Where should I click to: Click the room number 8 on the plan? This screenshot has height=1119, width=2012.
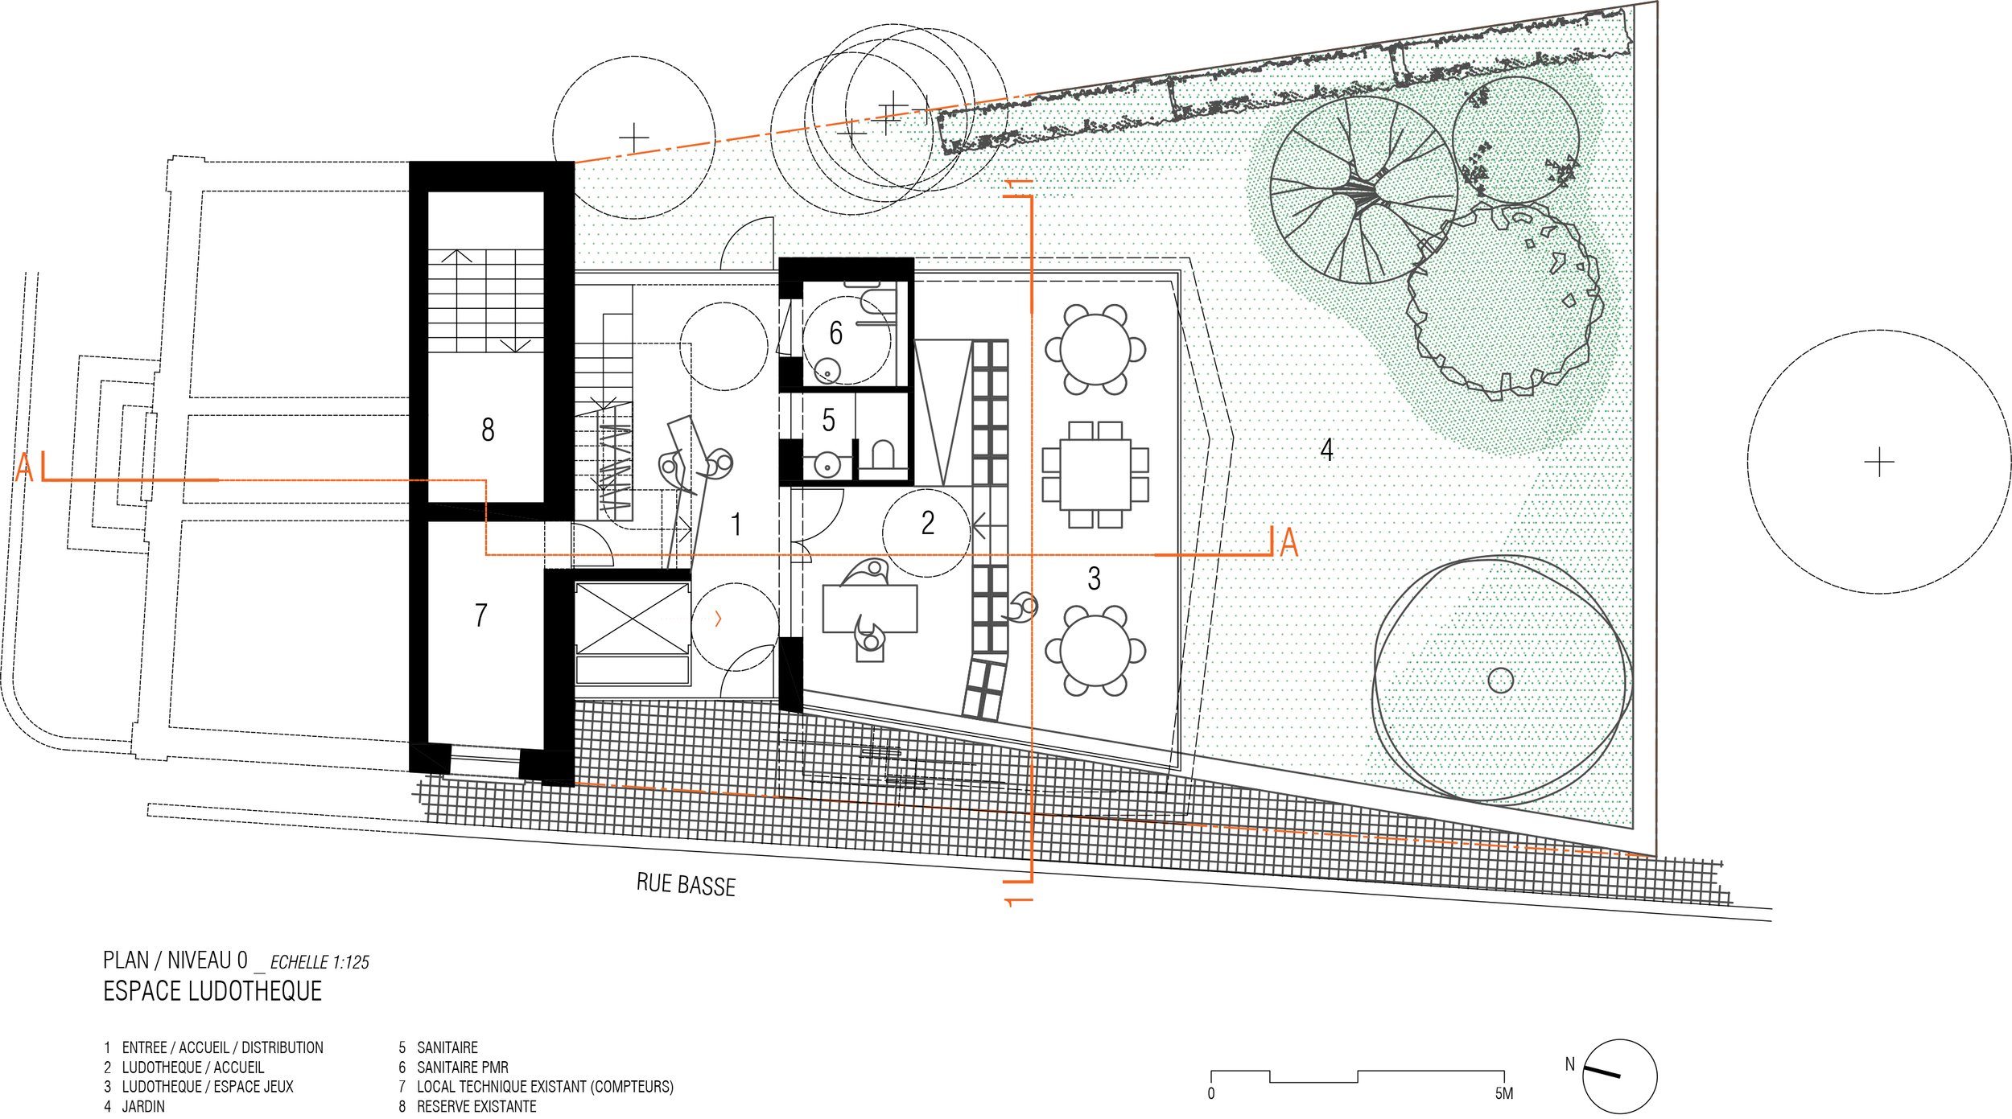[488, 430]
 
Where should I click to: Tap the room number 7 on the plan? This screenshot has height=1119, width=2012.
[481, 615]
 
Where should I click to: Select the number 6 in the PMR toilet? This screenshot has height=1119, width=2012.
[836, 333]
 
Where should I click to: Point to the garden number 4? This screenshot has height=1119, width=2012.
[1327, 450]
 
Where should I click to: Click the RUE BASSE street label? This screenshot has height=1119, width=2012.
[686, 885]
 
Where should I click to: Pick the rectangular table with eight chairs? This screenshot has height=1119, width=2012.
[1095, 475]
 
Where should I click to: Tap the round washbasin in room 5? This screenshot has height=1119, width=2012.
[827, 465]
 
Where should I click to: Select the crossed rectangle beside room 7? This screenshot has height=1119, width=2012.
[633, 619]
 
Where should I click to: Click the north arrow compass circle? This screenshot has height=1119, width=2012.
[1619, 1076]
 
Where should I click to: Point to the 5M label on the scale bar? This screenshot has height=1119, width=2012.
[1504, 1093]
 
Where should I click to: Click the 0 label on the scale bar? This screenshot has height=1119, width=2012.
[1211, 1093]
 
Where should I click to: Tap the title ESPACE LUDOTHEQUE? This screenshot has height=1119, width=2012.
[212, 991]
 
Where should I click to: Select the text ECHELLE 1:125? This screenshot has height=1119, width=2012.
[320, 962]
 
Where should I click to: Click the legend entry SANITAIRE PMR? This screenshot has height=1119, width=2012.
[463, 1068]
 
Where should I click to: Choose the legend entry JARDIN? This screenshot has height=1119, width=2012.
[143, 1106]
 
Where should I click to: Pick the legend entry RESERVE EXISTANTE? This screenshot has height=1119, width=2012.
[476, 1106]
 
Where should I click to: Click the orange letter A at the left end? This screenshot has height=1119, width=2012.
[25, 467]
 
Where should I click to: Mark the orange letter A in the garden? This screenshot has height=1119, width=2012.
[1289, 542]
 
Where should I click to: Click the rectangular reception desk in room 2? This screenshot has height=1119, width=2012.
[870, 608]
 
